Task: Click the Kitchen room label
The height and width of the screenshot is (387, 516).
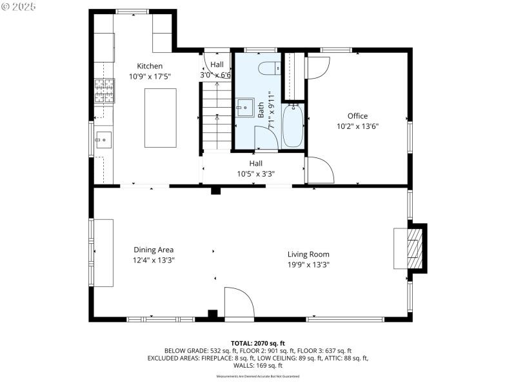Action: click(x=150, y=66)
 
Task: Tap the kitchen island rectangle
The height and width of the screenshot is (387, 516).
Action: click(x=160, y=118)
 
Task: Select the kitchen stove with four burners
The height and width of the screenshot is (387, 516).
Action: click(x=104, y=91)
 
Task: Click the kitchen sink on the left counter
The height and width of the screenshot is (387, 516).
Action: click(x=103, y=139)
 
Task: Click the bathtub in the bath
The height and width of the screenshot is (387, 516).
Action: click(x=292, y=126)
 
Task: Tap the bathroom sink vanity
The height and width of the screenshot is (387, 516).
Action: click(x=244, y=108)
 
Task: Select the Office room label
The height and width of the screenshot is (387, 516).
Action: click(x=357, y=116)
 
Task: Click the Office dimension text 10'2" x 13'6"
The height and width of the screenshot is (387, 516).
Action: click(x=357, y=126)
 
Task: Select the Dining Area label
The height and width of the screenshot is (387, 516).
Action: click(x=154, y=250)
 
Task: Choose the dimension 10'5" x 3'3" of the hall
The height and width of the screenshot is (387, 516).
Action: click(x=256, y=174)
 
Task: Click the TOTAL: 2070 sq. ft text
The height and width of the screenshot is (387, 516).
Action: click(x=258, y=342)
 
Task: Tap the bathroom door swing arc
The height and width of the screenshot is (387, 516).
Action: click(x=265, y=137)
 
